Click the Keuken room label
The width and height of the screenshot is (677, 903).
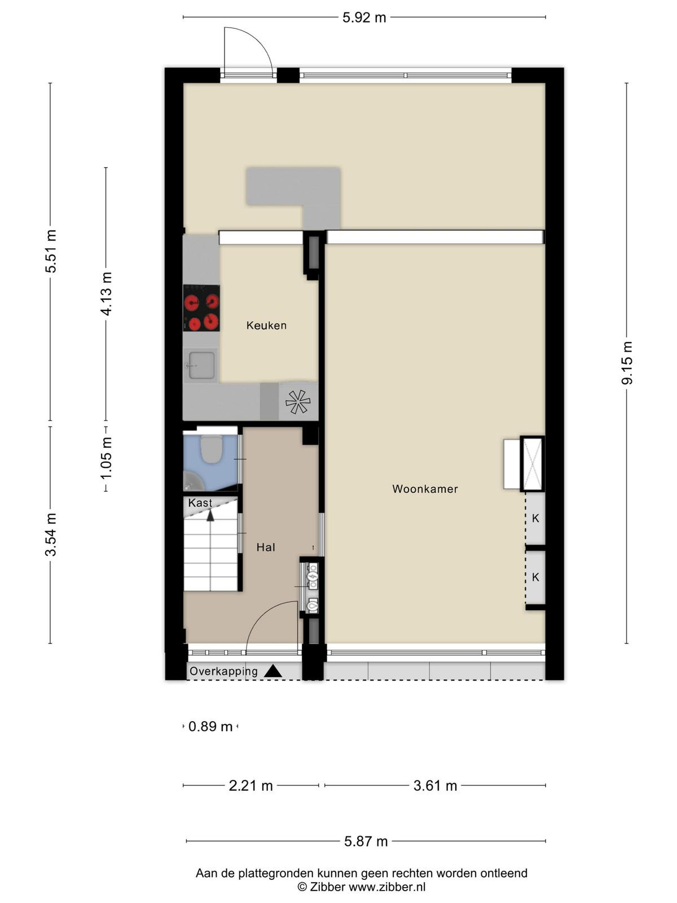(266, 326)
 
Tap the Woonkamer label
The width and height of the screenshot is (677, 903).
(425, 489)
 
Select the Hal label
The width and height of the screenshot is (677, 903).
(266, 547)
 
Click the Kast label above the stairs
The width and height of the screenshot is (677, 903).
(200, 503)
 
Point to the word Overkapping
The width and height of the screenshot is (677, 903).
(223, 672)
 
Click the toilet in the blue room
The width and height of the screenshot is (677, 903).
(211, 450)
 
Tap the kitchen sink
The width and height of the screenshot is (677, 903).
(201, 365)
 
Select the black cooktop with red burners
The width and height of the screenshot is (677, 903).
(201, 308)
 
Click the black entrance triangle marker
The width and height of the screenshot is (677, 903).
(273, 672)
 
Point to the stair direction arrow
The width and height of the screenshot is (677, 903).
(210, 515)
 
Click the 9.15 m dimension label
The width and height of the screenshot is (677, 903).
(627, 363)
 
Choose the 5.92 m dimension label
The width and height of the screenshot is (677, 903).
(364, 17)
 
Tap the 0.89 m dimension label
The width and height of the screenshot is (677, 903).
(210, 726)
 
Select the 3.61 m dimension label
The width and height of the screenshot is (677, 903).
(436, 786)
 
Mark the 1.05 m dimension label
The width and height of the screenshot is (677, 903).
(106, 458)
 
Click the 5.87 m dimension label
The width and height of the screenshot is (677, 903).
(366, 841)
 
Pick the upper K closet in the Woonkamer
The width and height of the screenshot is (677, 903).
(535, 518)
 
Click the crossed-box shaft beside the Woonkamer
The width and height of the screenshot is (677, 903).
(533, 464)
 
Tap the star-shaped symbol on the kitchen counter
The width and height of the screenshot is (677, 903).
(298, 401)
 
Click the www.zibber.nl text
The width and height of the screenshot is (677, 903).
(387, 887)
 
